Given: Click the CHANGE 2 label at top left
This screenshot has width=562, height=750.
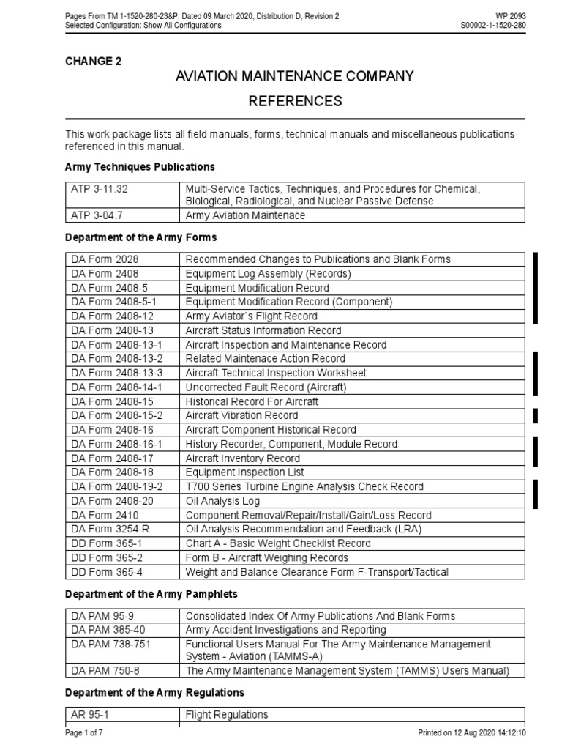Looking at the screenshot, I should [x=93, y=62].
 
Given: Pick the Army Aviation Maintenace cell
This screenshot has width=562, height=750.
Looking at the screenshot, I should [x=245, y=215].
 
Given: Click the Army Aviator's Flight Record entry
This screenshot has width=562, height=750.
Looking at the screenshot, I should [x=251, y=316].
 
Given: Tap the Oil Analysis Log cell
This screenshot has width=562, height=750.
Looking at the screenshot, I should [x=222, y=501].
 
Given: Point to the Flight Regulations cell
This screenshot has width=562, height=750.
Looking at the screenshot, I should [x=227, y=715].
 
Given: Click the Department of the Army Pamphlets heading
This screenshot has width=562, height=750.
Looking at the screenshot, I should [x=151, y=594].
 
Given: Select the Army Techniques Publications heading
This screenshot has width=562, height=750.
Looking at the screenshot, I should [x=140, y=167].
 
